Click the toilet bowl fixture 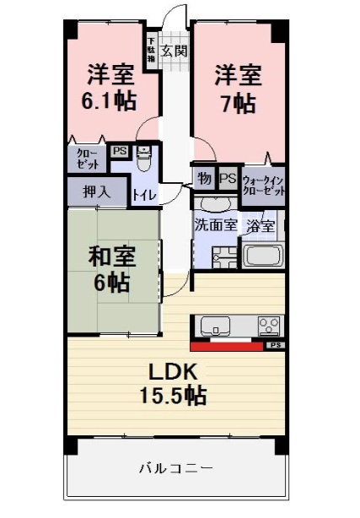click(143, 156)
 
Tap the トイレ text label click(142, 195)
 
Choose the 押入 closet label click(96, 192)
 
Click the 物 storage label click(204, 179)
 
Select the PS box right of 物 click(227, 179)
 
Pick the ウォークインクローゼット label click(262, 186)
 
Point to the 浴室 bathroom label click(260, 226)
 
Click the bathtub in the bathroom click(263, 256)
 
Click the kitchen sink click(212, 326)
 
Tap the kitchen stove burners click(270, 326)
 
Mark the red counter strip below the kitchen click(227, 345)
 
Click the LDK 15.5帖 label click(178, 383)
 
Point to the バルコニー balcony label click(176, 467)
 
